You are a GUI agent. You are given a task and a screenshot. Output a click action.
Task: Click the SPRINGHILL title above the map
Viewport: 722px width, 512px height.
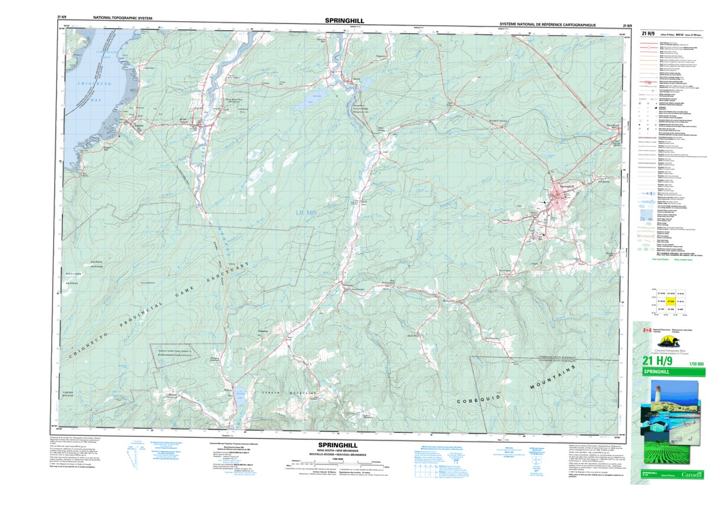(x=344, y=21)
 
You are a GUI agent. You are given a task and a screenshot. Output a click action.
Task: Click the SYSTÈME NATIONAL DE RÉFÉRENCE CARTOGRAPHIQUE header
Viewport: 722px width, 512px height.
(x=547, y=25)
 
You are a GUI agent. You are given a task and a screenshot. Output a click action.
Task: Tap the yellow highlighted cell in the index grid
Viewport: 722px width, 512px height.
(x=671, y=301)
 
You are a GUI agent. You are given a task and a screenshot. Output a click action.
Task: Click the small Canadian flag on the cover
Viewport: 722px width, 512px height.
(x=646, y=331)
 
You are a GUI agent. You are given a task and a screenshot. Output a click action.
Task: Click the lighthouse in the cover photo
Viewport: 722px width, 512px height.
(x=657, y=393)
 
